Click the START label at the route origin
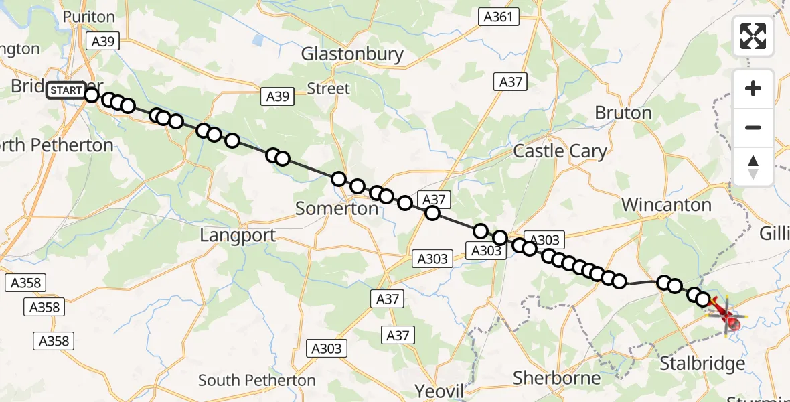(66, 90)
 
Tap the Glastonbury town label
(352, 54)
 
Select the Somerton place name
(337, 208)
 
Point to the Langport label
(238, 235)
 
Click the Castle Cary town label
(559, 151)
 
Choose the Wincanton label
(666, 205)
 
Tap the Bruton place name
(623, 113)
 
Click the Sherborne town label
(556, 378)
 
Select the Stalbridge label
(702, 364)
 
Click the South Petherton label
(256, 381)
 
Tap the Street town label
(328, 88)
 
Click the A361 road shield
(499, 17)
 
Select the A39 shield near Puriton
(103, 42)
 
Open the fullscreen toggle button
(753, 36)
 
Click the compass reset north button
(753, 167)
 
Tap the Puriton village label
(89, 17)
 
